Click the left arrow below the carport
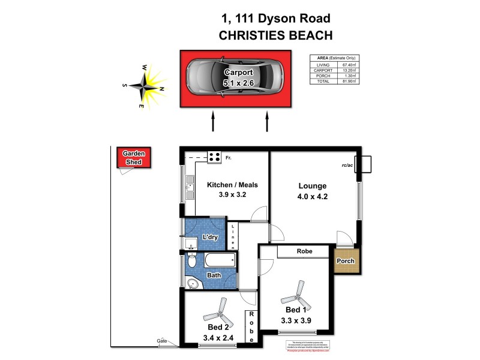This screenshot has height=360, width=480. (212, 122)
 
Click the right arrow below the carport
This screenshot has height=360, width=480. (266, 122)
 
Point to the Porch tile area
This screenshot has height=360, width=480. (346, 261)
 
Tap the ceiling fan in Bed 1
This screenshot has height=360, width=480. (298, 294)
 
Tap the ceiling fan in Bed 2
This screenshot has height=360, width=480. (218, 311)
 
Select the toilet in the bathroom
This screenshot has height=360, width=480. (192, 260)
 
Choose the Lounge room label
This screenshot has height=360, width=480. (312, 186)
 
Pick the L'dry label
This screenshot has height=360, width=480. (210, 238)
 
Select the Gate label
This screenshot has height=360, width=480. (162, 340)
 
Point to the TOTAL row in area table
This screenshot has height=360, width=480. (333, 80)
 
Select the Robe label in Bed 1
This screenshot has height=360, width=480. (302, 251)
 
